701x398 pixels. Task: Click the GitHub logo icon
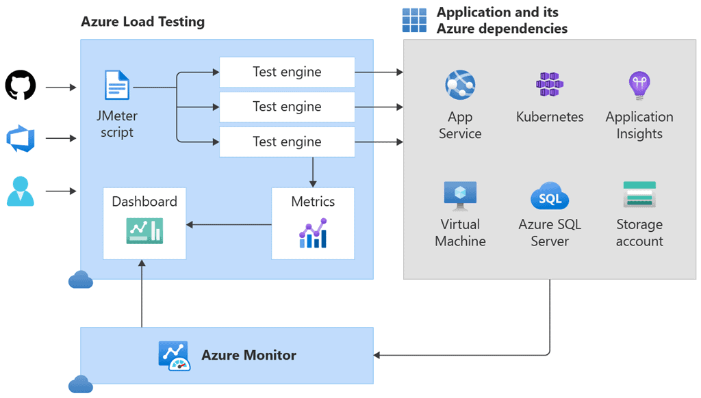[21, 86]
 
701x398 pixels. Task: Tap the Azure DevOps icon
[21, 138]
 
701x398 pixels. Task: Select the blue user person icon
[21, 191]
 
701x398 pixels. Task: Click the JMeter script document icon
[116, 86]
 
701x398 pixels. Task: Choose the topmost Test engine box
[287, 72]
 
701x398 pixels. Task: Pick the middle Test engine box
[287, 107]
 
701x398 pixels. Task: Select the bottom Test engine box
[287, 142]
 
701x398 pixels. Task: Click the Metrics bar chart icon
[313, 233]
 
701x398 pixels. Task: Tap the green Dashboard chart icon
[144, 231]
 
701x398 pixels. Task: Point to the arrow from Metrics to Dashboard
[229, 224]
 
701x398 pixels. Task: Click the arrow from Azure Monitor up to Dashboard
[142, 294]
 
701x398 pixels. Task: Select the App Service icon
[459, 85]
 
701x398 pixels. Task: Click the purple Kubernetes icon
[550, 85]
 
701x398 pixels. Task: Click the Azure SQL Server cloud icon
[550, 197]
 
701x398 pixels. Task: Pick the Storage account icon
[639, 195]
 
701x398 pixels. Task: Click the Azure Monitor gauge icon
[175, 356]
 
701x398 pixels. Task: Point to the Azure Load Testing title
[142, 21]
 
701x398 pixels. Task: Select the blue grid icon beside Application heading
[414, 21]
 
